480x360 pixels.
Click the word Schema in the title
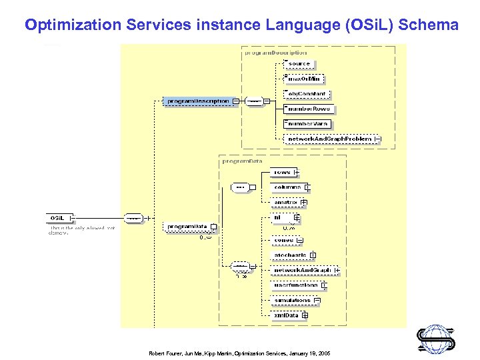point(430,25)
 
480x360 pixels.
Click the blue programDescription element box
point(199,101)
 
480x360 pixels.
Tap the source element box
point(299,64)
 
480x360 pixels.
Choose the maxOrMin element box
point(303,79)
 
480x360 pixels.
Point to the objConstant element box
point(306,94)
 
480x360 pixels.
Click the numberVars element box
point(307,124)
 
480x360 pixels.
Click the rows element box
point(283,173)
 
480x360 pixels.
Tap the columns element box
point(288,187)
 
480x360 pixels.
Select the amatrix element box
point(287,202)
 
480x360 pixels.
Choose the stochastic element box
point(290,255)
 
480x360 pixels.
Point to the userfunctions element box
point(296,285)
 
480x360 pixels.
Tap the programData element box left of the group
point(187,227)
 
